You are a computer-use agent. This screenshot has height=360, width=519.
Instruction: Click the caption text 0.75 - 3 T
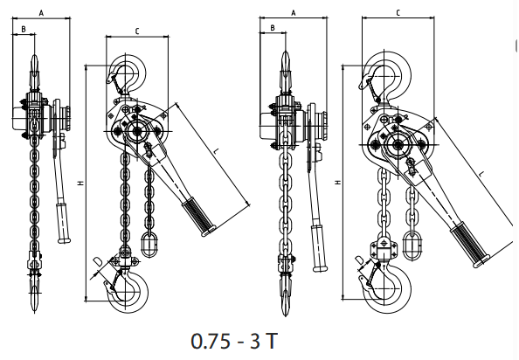click(234, 341)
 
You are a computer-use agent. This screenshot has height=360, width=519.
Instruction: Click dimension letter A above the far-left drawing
click(41, 13)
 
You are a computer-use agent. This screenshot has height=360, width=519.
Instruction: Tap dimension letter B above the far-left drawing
click(24, 30)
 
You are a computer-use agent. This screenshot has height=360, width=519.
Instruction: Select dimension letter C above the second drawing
click(137, 31)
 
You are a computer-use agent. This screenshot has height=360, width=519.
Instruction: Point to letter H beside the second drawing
click(81, 183)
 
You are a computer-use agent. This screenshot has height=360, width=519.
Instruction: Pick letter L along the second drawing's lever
click(216, 151)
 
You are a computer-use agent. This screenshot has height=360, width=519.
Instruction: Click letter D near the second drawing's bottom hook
click(98, 262)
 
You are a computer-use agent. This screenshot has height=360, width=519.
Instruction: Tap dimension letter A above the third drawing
click(294, 13)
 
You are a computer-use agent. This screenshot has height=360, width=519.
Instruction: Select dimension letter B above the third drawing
click(273, 28)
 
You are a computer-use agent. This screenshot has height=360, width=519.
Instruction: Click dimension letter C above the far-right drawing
click(398, 12)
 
